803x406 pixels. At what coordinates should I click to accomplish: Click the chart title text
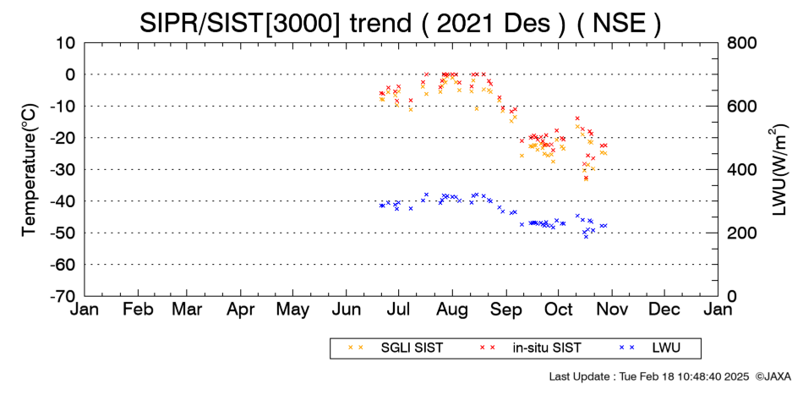pyautogui.click(x=401, y=23)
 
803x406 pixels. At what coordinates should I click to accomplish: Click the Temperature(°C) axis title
pyautogui.click(x=30, y=170)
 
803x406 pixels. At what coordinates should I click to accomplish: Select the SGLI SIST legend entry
pyautogui.click(x=396, y=348)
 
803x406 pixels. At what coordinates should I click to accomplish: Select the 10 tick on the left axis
pyautogui.click(x=67, y=43)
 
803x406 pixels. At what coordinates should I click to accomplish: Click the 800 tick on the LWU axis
pyautogui.click(x=742, y=43)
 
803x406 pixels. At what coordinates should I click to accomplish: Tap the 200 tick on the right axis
pyautogui.click(x=742, y=233)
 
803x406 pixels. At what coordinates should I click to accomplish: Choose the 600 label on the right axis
pyautogui.click(x=742, y=107)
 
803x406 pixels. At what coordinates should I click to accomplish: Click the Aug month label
pyautogui.click(x=452, y=310)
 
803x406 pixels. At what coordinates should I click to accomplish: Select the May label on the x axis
pyautogui.click(x=292, y=310)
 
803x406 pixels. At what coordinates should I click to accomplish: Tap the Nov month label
pyautogui.click(x=612, y=310)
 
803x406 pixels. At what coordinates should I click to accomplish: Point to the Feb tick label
pyautogui.click(x=138, y=310)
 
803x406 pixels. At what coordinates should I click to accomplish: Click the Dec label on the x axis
pyautogui.click(x=664, y=310)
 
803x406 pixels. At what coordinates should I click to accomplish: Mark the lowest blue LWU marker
pyautogui.click(x=586, y=236)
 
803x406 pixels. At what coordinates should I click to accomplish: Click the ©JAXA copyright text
pyautogui.click(x=773, y=376)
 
